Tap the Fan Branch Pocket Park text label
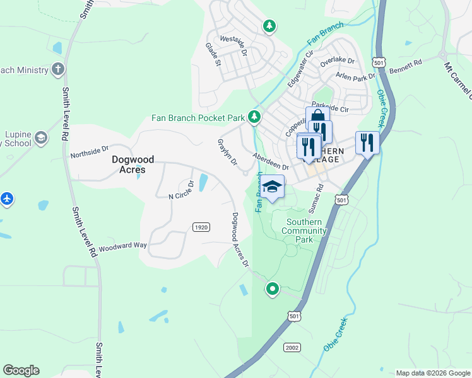click(198, 118)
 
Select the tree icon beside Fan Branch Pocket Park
click(254, 117)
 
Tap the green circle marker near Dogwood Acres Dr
click(273, 289)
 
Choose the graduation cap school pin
click(272, 187)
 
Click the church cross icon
click(58, 69)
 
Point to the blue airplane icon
click(7, 199)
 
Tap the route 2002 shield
click(292, 347)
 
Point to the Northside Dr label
click(90, 153)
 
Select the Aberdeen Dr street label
click(270, 162)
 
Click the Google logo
click(21, 370)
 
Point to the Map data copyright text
click(433, 373)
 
